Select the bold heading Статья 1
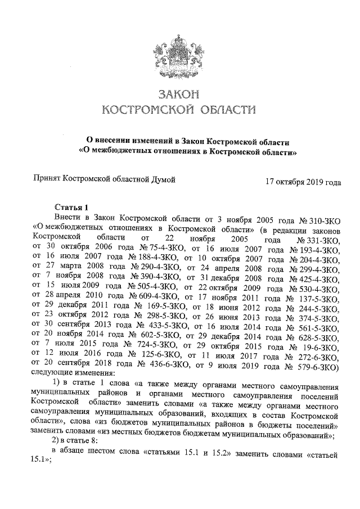click(x=71, y=207)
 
